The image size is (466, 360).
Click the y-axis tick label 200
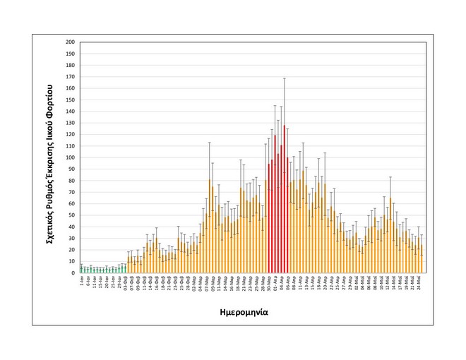tap(70, 42)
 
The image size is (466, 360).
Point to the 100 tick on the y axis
tap(70, 157)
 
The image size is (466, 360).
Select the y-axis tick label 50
tap(71, 215)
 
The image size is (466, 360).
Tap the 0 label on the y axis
tap(73, 272)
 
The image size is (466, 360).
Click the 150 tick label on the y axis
tap(70, 100)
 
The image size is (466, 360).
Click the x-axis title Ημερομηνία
tap(253, 310)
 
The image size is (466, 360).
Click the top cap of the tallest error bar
tap(285, 78)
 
